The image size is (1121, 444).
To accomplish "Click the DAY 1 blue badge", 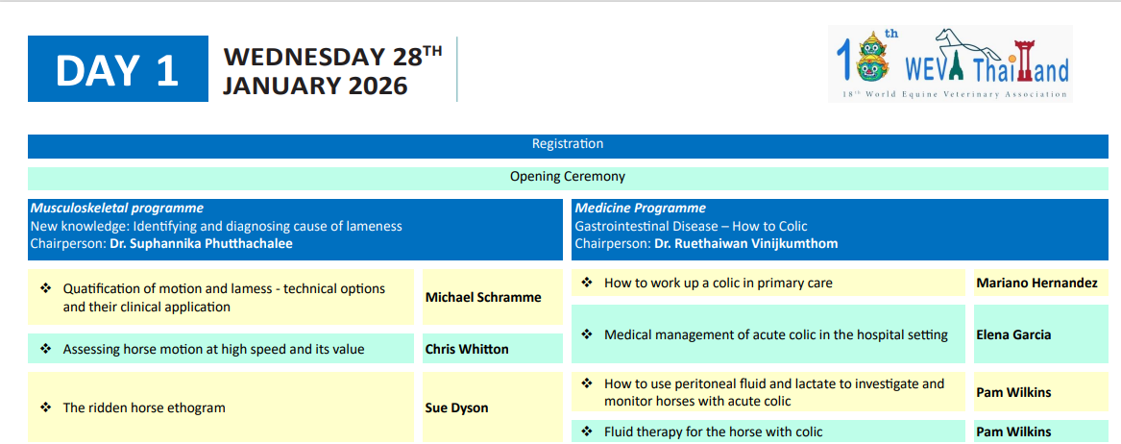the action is pyautogui.click(x=118, y=68).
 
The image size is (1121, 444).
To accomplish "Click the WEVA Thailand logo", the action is pyautogui.click(x=950, y=63).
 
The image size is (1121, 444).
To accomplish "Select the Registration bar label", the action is pyautogui.click(x=568, y=144).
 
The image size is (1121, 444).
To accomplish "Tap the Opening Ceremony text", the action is pyautogui.click(x=568, y=176).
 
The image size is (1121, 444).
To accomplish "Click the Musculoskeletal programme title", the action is pyautogui.click(x=116, y=208).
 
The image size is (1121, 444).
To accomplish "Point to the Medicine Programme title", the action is pyautogui.click(x=641, y=208).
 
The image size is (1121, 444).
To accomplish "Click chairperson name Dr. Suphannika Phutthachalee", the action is pyautogui.click(x=201, y=243).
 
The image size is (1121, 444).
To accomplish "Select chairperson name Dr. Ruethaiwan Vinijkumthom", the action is pyautogui.click(x=745, y=243).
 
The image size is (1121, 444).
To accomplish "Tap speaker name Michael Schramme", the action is pyautogui.click(x=483, y=297).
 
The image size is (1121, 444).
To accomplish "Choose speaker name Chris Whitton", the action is pyautogui.click(x=467, y=349).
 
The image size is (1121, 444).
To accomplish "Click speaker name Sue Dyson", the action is pyautogui.click(x=457, y=408).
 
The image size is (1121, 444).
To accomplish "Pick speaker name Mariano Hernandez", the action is pyautogui.click(x=1036, y=284).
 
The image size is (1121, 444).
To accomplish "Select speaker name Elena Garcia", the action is pyautogui.click(x=1013, y=333).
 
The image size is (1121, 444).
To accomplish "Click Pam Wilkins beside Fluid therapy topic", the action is pyautogui.click(x=1013, y=432).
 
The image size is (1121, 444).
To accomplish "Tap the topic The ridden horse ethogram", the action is pyautogui.click(x=144, y=408).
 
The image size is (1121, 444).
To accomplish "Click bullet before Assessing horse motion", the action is pyautogui.click(x=46, y=349).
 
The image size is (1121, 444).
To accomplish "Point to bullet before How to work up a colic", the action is pyautogui.click(x=588, y=283).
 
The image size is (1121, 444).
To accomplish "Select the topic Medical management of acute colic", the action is pyautogui.click(x=776, y=333).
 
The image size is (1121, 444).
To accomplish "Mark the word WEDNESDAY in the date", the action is pyautogui.click(x=304, y=56).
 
